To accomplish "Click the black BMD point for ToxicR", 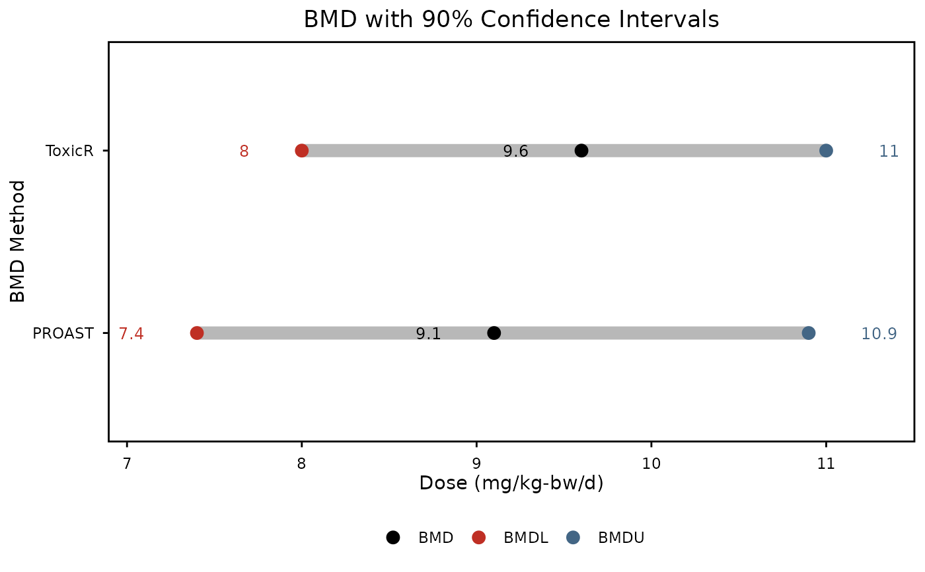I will [x=581, y=151].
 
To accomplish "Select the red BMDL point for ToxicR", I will [x=302, y=151].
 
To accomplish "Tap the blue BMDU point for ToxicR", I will [x=826, y=151].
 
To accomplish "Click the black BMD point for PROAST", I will [x=494, y=333].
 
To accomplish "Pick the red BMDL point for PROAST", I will [x=197, y=333].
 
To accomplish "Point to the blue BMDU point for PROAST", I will [x=809, y=333].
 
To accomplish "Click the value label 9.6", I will [x=515, y=151].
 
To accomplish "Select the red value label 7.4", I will [x=131, y=333].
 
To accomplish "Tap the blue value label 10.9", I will [x=879, y=333].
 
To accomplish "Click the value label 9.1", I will [x=428, y=334].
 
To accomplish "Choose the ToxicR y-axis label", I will [x=69, y=151].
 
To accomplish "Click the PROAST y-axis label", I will [x=63, y=333].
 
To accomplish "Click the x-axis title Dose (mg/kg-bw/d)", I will [x=511, y=483].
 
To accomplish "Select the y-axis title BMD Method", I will [x=18, y=241].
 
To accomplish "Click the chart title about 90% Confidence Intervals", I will [x=511, y=20].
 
